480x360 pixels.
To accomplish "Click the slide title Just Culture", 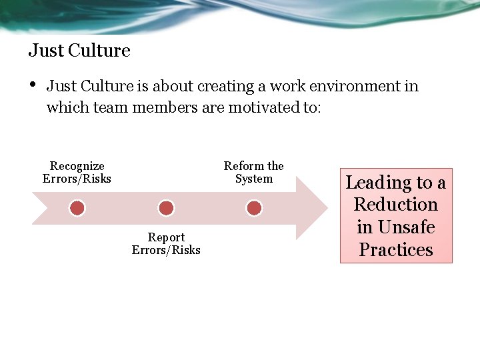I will pyautogui.click(x=79, y=51).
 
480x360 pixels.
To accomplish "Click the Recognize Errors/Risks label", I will pyautogui.click(x=77, y=172).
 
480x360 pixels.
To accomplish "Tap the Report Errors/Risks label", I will pyautogui.click(x=166, y=243).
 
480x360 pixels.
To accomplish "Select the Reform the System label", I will pyautogui.click(x=253, y=172).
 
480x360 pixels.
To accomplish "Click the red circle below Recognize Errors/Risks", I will pyautogui.click(x=77, y=209).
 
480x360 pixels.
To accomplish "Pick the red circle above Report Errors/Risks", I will pyautogui.click(x=166, y=209).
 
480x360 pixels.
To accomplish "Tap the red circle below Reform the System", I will pyautogui.click(x=254, y=209).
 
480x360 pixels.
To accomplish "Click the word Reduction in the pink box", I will pyautogui.click(x=395, y=205).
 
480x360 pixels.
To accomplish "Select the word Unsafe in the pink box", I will pyautogui.click(x=405, y=227).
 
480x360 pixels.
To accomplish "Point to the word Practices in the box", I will pyautogui.click(x=396, y=250).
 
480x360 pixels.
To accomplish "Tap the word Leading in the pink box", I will pyautogui.click(x=379, y=183).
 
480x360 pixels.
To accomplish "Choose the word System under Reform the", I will pyautogui.click(x=253, y=179).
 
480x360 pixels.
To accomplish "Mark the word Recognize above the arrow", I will pyautogui.click(x=77, y=166).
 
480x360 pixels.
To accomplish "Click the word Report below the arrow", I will pyautogui.click(x=166, y=237).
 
